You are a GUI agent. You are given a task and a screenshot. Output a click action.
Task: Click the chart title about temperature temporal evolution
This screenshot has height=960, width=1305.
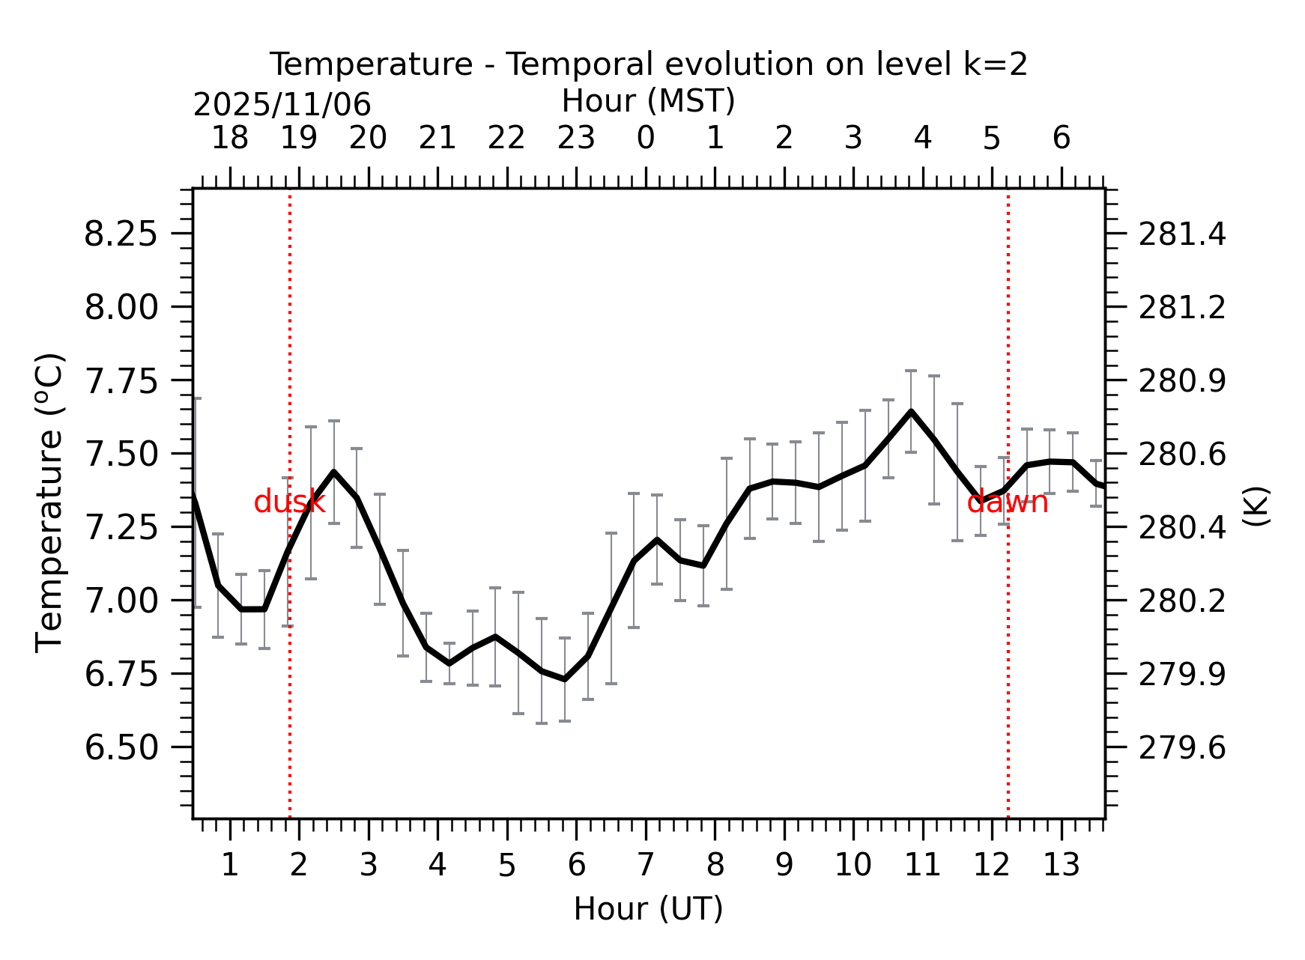pyautogui.click(x=648, y=64)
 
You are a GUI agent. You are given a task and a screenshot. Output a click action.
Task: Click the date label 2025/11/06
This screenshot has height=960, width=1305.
pyautogui.click(x=282, y=105)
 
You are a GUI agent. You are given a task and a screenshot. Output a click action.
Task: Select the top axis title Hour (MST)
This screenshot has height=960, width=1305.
pyautogui.click(x=648, y=101)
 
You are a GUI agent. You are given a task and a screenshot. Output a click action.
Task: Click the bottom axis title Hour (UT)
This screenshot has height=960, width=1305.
pyautogui.click(x=648, y=908)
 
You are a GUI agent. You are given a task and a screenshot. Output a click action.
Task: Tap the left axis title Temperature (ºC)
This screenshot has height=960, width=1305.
pyautogui.click(x=50, y=502)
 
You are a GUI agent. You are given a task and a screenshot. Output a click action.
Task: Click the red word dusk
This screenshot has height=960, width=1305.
pyautogui.click(x=289, y=502)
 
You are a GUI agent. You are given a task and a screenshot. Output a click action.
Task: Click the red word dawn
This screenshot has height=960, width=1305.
pyautogui.click(x=1007, y=502)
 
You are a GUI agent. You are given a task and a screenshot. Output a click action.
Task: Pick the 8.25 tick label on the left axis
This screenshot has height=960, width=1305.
pyautogui.click(x=121, y=234)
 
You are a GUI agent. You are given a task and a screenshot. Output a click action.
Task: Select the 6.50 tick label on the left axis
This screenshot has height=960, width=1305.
pyautogui.click(x=121, y=747)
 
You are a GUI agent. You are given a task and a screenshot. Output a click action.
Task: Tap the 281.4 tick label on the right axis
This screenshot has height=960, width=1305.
pyautogui.click(x=1182, y=234)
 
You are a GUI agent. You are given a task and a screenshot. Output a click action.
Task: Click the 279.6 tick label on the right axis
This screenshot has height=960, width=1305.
pyautogui.click(x=1182, y=747)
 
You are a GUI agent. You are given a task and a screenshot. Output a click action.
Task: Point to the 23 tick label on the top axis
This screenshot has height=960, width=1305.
pyautogui.click(x=576, y=139)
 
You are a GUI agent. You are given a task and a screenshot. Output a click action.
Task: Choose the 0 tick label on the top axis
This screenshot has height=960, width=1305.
pyautogui.click(x=646, y=139)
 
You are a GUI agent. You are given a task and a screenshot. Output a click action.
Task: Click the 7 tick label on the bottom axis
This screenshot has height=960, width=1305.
pyautogui.click(x=646, y=866)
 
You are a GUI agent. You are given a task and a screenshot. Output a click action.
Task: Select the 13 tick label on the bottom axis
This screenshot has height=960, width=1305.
pyautogui.click(x=1062, y=866)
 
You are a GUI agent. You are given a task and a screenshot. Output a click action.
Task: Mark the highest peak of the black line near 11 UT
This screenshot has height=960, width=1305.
pyautogui.click(x=911, y=411)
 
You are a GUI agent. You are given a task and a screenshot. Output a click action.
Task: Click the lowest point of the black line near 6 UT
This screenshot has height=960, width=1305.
pyautogui.click(x=565, y=679)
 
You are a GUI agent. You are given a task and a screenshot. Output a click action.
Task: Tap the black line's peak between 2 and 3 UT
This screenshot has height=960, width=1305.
pyautogui.click(x=333, y=472)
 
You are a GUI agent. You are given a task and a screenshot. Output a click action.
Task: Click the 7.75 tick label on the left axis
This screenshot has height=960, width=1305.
pyautogui.click(x=121, y=381)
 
